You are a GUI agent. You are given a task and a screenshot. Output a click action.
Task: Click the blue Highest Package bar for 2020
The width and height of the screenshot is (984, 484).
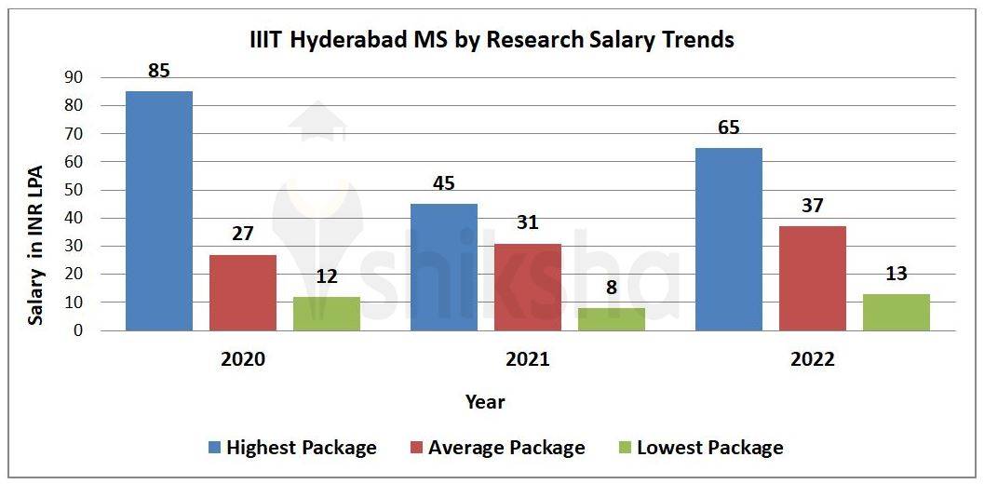[159, 210]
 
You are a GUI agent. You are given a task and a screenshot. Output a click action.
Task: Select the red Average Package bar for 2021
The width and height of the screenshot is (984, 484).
[528, 287]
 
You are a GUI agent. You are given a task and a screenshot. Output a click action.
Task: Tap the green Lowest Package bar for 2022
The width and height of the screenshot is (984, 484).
[896, 312]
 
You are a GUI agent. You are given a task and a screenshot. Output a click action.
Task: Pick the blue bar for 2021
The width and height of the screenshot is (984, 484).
[444, 267]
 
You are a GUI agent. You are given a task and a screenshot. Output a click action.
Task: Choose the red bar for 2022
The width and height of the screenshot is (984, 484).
[813, 278]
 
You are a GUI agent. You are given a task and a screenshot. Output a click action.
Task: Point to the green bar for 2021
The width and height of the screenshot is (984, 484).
[612, 319]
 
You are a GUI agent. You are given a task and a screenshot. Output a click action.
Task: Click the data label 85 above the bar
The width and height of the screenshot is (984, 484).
[158, 70]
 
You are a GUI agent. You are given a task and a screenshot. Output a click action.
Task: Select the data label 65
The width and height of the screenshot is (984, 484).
[729, 128]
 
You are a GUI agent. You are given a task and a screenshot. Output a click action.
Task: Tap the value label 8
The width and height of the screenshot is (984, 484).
[612, 288]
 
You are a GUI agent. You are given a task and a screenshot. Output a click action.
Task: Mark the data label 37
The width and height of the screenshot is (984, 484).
[813, 206]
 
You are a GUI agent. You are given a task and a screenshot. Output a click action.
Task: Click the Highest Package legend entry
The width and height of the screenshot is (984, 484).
[291, 448]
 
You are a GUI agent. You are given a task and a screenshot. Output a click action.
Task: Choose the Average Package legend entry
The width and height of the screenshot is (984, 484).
[496, 448]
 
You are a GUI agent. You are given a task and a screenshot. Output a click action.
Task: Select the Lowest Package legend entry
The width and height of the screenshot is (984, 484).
[699, 448]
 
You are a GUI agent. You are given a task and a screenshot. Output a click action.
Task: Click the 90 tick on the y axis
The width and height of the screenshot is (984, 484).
[73, 78]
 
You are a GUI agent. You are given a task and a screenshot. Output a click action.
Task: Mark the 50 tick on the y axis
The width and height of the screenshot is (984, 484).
[73, 191]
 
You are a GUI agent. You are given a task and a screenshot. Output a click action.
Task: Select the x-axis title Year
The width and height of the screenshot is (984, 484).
[485, 402]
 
